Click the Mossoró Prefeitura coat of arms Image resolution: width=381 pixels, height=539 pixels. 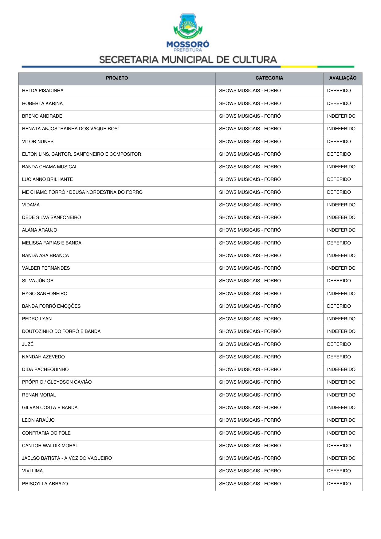[x=188, y=26]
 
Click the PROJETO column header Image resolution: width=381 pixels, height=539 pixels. [x=117, y=78]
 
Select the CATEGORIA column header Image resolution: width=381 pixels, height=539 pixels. [x=269, y=78]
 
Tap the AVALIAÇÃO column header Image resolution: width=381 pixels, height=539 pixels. [x=343, y=78]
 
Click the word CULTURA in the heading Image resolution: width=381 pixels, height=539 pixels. [x=255, y=60]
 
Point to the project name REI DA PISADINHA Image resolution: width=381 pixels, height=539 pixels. [x=43, y=91]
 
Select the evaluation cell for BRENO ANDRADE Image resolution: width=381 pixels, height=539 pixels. [x=341, y=116]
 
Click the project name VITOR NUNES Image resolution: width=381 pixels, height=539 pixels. [x=38, y=142]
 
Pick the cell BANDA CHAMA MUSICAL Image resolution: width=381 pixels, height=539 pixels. [x=50, y=167]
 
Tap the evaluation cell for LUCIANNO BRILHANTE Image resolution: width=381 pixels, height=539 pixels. [x=339, y=179]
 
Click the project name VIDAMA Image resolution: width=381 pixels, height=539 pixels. [x=31, y=205]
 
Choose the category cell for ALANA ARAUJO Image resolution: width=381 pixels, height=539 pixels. [x=250, y=230]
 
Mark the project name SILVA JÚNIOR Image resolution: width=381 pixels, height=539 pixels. [x=38, y=281]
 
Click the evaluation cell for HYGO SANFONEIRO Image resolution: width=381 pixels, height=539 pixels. [x=341, y=294]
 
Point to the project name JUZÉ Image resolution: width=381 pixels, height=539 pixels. [x=28, y=344]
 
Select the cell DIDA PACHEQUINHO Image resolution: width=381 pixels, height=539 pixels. [x=45, y=369]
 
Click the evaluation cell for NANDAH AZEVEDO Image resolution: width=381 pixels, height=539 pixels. [x=339, y=357]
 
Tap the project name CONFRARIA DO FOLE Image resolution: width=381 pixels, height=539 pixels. [x=46, y=433]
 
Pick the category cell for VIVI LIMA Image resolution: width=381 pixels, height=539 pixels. [x=250, y=471]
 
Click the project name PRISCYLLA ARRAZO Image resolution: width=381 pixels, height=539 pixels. [x=45, y=484]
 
